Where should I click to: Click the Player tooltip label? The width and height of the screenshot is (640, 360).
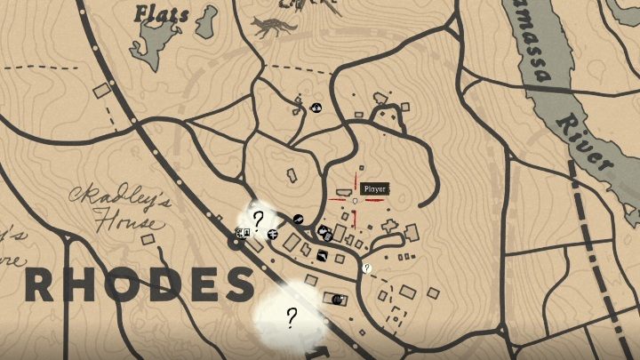[x=374, y=188]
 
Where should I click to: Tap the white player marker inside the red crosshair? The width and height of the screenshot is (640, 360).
[x=355, y=202]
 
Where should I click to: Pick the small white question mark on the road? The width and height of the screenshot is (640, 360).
[x=366, y=268]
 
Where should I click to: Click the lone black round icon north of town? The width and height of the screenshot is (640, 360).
[x=316, y=108]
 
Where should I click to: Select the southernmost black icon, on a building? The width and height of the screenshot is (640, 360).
[x=337, y=300]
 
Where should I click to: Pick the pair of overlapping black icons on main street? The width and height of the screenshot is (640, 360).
[x=324, y=234]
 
